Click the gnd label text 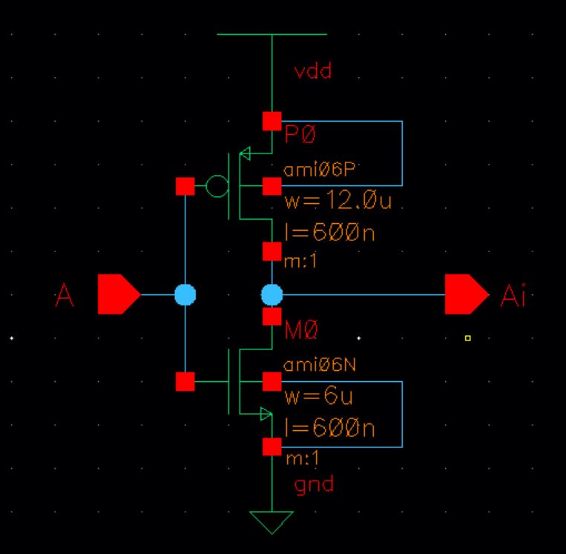pyautogui.click(x=315, y=485)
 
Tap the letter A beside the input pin pyautogui.click(x=65, y=296)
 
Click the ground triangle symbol pyautogui.click(x=272, y=522)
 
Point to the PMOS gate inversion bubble pyautogui.click(x=217, y=186)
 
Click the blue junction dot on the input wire pyautogui.click(x=185, y=295)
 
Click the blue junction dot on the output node pyautogui.click(x=272, y=295)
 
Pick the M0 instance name pyautogui.click(x=302, y=332)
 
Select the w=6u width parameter pyautogui.click(x=318, y=397)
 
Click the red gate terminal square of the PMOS pyautogui.click(x=185, y=186)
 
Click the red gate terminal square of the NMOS pyautogui.click(x=185, y=382)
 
